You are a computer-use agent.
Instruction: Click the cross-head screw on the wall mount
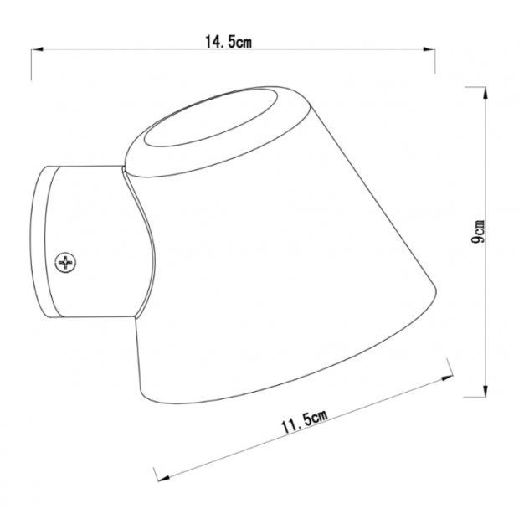[65, 263]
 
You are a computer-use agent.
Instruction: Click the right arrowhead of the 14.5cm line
[433, 51]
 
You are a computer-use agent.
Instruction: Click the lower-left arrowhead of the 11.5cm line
[159, 477]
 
